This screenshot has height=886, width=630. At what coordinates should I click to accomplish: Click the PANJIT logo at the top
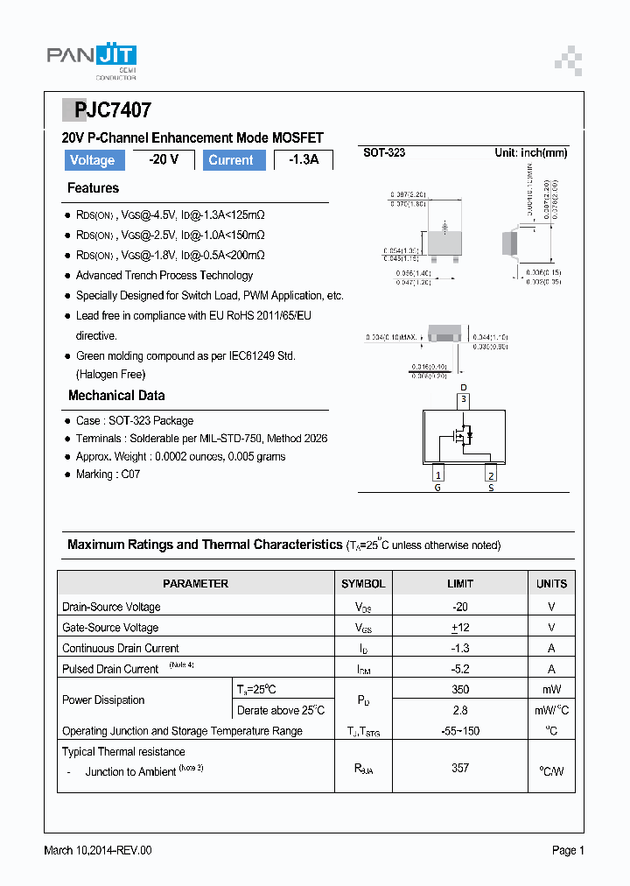[x=91, y=58]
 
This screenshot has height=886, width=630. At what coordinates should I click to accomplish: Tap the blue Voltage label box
[x=93, y=160]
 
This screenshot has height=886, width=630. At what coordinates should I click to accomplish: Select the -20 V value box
[x=163, y=159]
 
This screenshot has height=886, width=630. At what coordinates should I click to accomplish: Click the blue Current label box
[x=231, y=160]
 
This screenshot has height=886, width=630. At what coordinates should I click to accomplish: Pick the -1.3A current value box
[x=304, y=160]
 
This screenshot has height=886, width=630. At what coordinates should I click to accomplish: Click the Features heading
[x=93, y=188]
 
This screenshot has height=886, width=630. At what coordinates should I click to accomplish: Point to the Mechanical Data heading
[x=116, y=396]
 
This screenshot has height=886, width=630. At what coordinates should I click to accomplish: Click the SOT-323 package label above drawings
[x=384, y=152]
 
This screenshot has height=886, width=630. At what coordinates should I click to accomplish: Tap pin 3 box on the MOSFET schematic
[x=464, y=400]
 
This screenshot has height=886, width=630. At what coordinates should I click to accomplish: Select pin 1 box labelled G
[x=437, y=474]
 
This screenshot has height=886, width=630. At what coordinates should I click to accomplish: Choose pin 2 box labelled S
[x=491, y=474]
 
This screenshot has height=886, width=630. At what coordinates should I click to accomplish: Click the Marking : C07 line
[x=108, y=475]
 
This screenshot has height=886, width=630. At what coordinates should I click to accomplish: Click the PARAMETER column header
[x=195, y=584]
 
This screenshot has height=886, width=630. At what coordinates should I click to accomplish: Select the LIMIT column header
[x=460, y=584]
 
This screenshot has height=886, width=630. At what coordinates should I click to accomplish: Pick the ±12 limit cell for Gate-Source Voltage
[x=460, y=628]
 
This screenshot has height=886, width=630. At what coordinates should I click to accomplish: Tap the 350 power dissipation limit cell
[x=460, y=689]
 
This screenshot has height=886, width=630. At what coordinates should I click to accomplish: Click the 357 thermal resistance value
[x=460, y=768]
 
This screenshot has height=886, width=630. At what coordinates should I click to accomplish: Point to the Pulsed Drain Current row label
[x=110, y=669]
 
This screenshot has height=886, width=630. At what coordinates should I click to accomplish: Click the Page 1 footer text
[x=568, y=850]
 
